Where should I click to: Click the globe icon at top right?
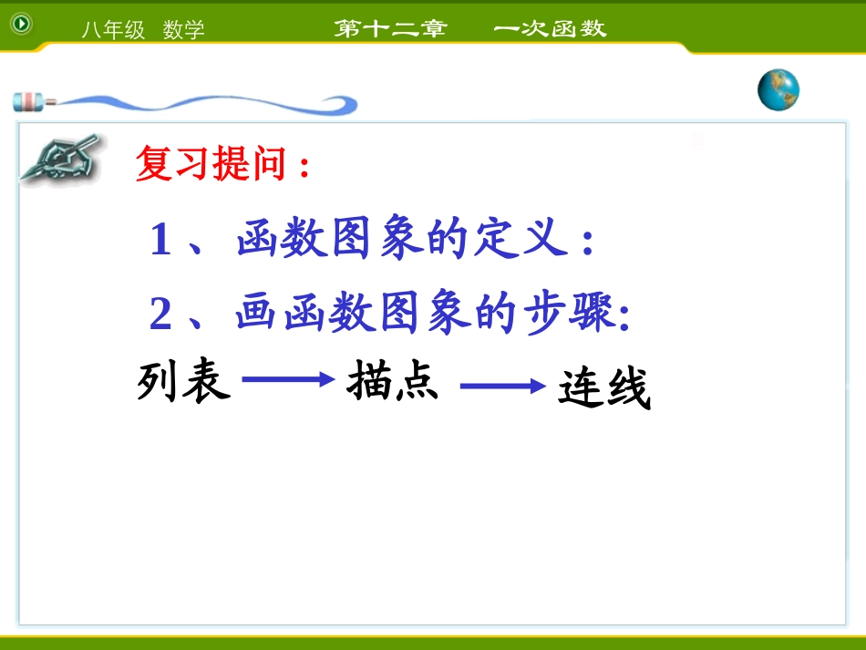(x=778, y=89)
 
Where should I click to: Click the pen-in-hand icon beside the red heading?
(x=61, y=160)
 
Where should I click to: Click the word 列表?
(x=183, y=383)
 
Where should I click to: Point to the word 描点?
(x=393, y=382)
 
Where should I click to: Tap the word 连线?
(x=604, y=391)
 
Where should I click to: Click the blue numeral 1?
(x=160, y=242)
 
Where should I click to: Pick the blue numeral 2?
(x=160, y=315)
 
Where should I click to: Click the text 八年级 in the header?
(x=113, y=30)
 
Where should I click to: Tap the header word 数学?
(x=184, y=30)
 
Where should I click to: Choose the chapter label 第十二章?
(x=390, y=28)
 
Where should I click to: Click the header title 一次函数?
(x=550, y=28)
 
